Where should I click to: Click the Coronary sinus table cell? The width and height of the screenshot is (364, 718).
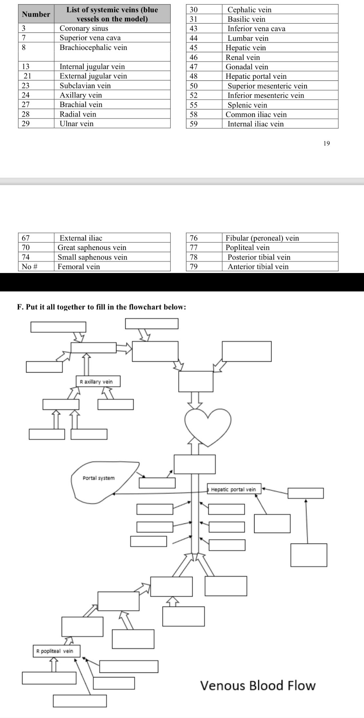pyautogui.click(x=84, y=28)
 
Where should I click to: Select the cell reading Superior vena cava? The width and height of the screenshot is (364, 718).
pyautogui.click(x=90, y=38)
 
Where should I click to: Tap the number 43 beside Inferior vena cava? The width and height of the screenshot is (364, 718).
pyautogui.click(x=194, y=29)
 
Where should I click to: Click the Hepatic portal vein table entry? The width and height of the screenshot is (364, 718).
pyautogui.click(x=256, y=76)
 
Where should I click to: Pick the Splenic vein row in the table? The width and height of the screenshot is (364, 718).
pyautogui.click(x=247, y=105)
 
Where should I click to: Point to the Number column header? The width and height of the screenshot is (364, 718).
pyautogui.click(x=36, y=14)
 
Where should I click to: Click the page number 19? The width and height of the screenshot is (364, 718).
pyautogui.click(x=326, y=143)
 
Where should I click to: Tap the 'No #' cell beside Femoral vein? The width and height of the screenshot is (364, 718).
pyautogui.click(x=30, y=266)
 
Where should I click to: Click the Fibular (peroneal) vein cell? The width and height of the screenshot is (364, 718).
pyautogui.click(x=262, y=238)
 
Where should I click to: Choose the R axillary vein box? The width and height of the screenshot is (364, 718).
pyautogui.click(x=98, y=382)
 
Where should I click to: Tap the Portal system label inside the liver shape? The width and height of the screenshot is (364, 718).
pyautogui.click(x=99, y=478)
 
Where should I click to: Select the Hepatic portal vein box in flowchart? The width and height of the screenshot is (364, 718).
pyautogui.click(x=234, y=489)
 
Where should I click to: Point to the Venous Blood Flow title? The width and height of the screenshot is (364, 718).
pyautogui.click(x=258, y=686)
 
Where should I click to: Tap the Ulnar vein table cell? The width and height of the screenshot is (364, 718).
pyautogui.click(x=76, y=124)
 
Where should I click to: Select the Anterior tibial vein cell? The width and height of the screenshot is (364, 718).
pyautogui.click(x=258, y=266)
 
